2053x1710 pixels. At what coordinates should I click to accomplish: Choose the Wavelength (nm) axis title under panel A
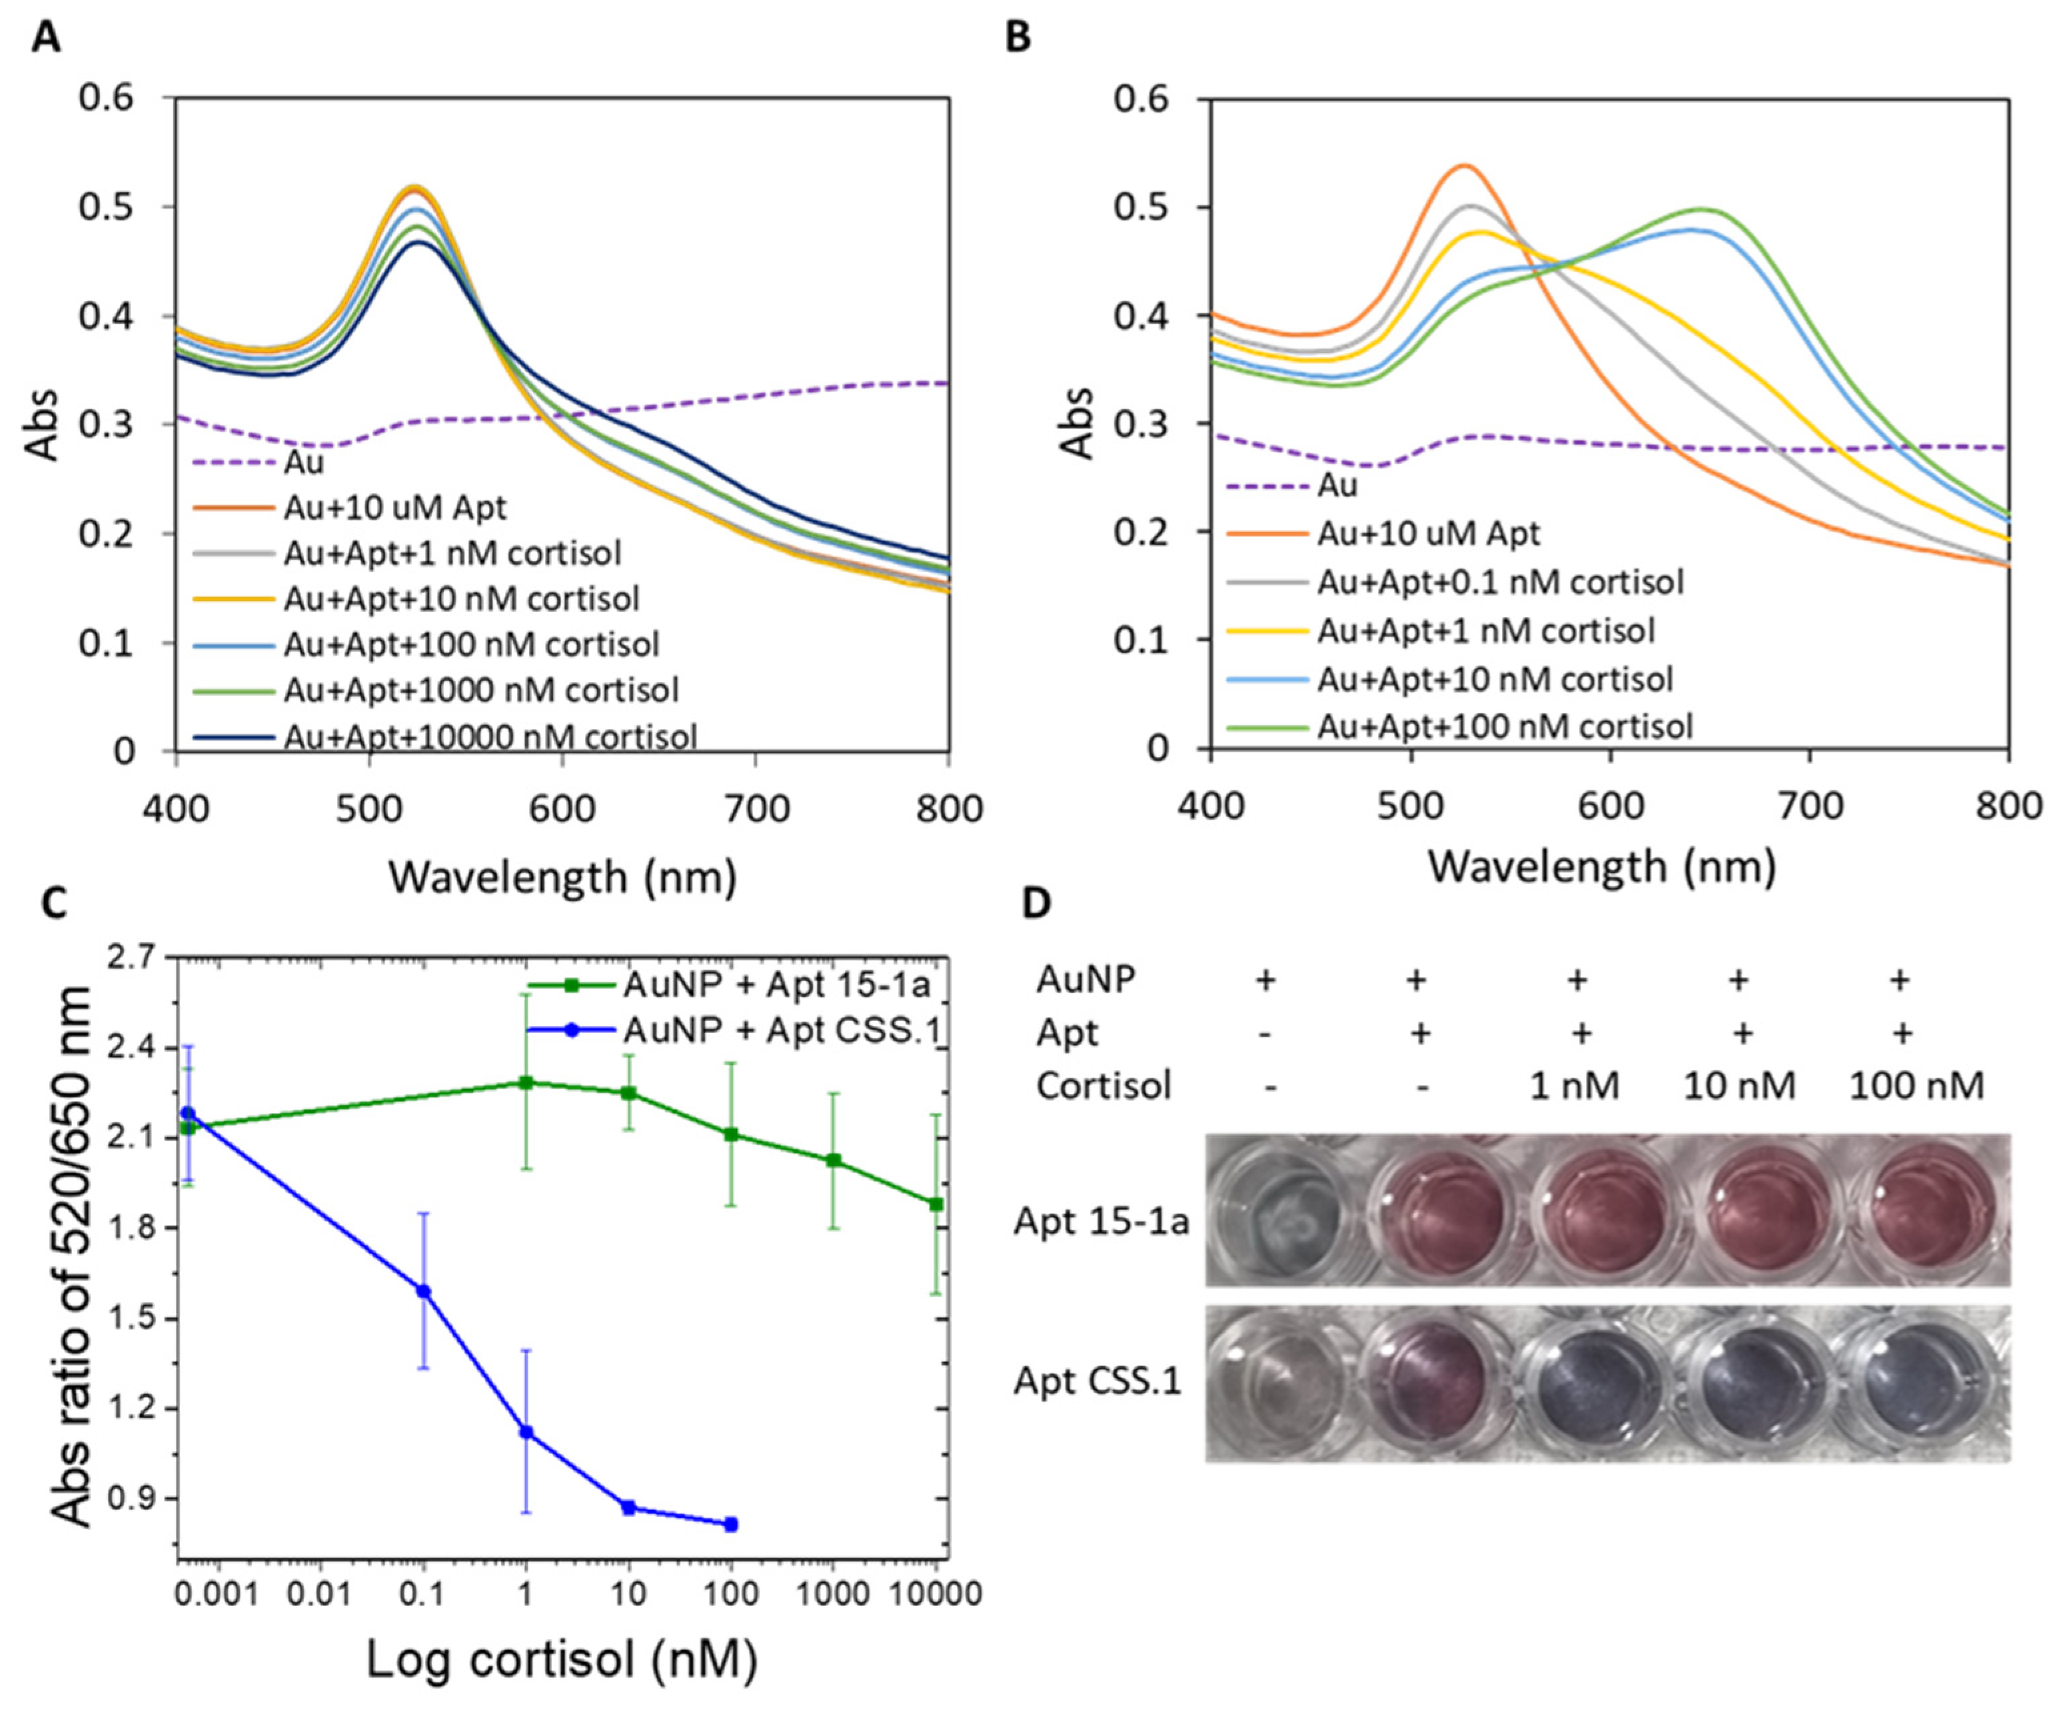click(562, 877)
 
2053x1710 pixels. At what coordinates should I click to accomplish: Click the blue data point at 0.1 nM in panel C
click(423, 1291)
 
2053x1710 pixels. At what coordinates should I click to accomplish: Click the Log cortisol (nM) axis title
click(562, 1659)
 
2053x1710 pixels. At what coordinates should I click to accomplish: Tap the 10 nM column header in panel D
click(1739, 1086)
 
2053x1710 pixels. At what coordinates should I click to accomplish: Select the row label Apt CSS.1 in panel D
click(1097, 1381)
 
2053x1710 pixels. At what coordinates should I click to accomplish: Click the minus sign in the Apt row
click(1266, 1034)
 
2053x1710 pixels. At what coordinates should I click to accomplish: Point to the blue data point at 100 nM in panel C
click(731, 1524)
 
